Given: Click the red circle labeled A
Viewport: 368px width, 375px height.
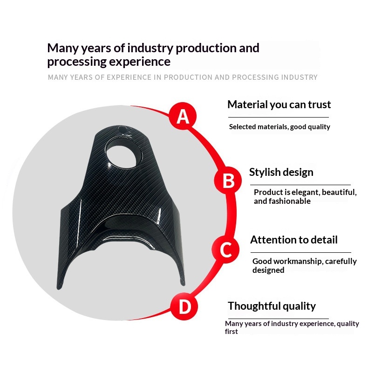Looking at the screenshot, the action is pyautogui.click(x=183, y=117).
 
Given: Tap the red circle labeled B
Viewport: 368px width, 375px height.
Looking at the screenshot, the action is pyautogui.click(x=228, y=181).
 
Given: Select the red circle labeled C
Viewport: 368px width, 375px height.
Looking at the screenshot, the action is pyautogui.click(x=225, y=250).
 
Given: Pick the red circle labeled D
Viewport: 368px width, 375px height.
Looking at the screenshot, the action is pyautogui.click(x=184, y=306).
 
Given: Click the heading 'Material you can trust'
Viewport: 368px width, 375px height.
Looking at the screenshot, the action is pyautogui.click(x=279, y=105).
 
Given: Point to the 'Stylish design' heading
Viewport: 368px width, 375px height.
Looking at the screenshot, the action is pyautogui.click(x=281, y=172).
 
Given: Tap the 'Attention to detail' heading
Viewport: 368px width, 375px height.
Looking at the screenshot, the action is pyautogui.click(x=294, y=240).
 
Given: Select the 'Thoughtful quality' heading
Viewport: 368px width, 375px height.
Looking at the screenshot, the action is pyautogui.click(x=272, y=306).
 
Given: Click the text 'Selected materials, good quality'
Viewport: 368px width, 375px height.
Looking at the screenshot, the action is pyautogui.click(x=279, y=127).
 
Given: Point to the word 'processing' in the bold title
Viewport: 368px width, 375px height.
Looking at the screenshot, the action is pyautogui.click(x=77, y=62).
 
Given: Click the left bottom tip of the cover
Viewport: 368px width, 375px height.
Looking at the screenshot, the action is pyautogui.click(x=59, y=288).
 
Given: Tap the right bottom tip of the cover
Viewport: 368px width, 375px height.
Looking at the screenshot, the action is pyautogui.click(x=183, y=284).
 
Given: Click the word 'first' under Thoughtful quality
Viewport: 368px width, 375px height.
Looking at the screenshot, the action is pyautogui.click(x=231, y=332).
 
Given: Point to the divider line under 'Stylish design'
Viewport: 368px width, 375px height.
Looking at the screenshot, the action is pyautogui.click(x=300, y=185).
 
